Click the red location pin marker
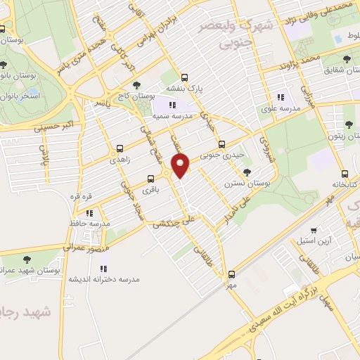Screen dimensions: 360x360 pos(181,166)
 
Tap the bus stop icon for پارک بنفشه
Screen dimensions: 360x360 pos(184,78)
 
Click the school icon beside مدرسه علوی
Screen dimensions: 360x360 pos(281,98)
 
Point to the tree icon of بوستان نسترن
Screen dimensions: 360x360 pos(246,172)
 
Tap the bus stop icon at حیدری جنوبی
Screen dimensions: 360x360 pos(221,144)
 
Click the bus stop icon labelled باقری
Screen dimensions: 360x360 pos(150,179)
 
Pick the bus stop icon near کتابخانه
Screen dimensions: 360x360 pos(344,173)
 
